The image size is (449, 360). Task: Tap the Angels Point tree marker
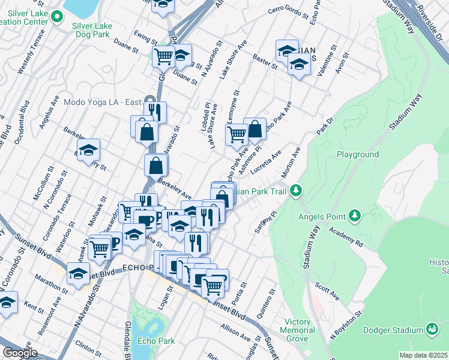tap(354, 215)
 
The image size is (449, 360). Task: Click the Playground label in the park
tap(357, 154)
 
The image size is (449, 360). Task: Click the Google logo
tap(19, 353)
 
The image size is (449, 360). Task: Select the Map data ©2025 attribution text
tap(424, 355)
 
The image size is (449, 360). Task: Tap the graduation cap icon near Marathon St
tap(78, 274)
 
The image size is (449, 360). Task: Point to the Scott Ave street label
tap(329, 292)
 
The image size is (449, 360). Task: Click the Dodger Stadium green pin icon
tap(431, 329)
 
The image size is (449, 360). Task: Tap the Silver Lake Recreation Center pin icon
tap(57, 17)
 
